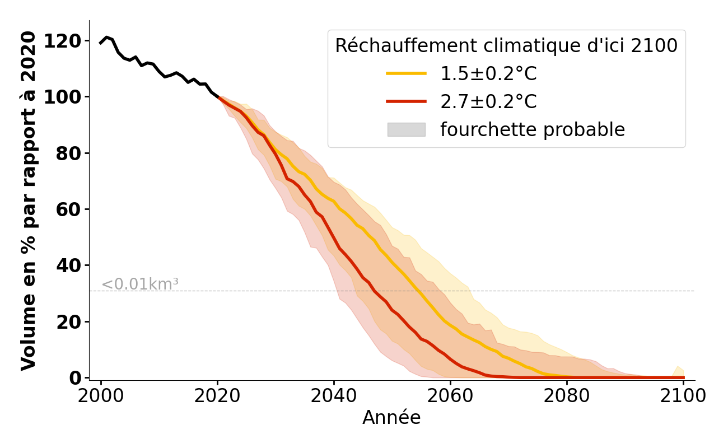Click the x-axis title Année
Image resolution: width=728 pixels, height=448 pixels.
point(391,418)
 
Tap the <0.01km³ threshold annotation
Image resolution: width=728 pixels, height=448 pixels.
point(140,284)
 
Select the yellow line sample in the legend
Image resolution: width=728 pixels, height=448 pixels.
point(407,73)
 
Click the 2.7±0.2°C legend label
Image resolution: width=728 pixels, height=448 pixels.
point(488,102)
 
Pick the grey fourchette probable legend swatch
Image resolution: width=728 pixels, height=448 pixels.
point(407,129)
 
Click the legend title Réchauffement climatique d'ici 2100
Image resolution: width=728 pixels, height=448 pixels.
point(506,46)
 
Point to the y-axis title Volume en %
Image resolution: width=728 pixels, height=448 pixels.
point(29,200)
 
